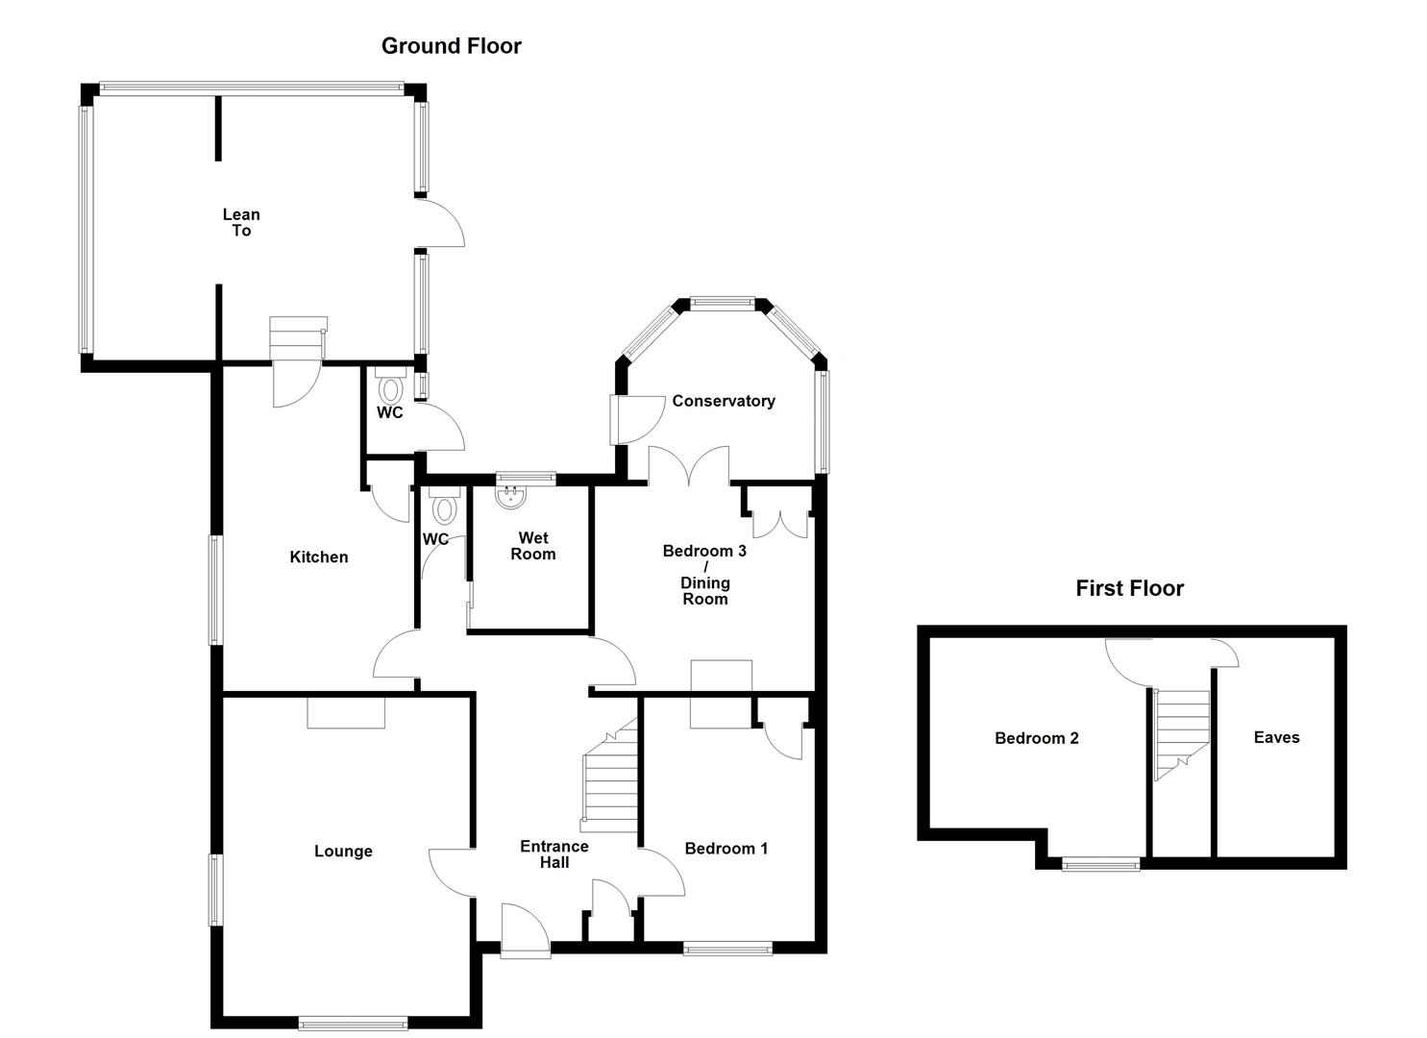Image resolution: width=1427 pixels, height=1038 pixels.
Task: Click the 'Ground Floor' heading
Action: point(451,46)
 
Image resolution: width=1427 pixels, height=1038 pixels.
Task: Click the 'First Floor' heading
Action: point(1129,588)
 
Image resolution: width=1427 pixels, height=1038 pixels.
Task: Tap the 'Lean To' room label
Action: point(241,223)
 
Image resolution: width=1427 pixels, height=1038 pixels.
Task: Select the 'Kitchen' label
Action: point(319,557)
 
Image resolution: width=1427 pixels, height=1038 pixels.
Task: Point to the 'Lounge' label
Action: point(343,852)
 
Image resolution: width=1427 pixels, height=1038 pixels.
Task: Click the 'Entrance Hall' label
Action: point(554,854)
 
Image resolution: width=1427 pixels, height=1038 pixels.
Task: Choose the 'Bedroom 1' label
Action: point(726,849)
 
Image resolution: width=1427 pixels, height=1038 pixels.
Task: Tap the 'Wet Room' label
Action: point(532,546)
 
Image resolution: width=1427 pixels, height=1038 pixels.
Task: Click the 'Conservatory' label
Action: point(723,401)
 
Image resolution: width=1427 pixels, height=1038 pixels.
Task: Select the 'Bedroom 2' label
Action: point(1036,738)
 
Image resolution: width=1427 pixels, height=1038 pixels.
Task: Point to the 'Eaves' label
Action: point(1276,737)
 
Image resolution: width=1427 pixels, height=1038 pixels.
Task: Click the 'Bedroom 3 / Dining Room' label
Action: point(704,575)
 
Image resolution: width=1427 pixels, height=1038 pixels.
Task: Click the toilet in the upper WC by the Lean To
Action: point(391,389)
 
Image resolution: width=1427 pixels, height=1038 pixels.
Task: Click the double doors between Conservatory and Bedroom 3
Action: point(688,467)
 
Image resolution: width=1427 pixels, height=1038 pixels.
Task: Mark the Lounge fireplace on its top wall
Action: point(346,713)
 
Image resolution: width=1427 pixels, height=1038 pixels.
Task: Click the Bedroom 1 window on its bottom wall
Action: point(727,950)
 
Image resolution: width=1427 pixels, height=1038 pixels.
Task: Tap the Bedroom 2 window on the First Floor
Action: point(1101,865)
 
